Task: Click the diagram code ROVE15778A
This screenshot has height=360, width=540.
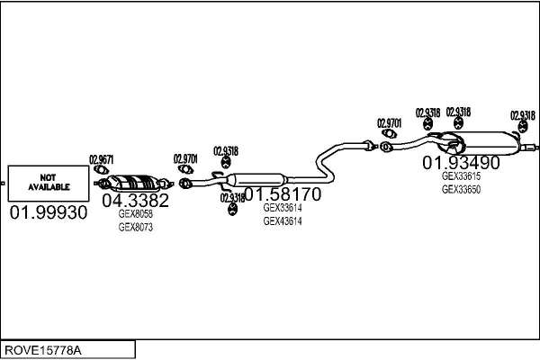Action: (x=43, y=350)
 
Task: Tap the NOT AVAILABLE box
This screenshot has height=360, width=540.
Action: (x=49, y=184)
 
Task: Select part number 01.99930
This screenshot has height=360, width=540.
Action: (x=49, y=212)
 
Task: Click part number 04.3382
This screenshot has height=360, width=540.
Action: (x=135, y=200)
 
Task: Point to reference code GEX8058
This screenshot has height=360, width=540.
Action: (x=135, y=214)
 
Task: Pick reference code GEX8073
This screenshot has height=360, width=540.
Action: (x=135, y=228)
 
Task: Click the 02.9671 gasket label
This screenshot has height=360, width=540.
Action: (x=101, y=159)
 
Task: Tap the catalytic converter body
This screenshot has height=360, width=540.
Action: (x=133, y=183)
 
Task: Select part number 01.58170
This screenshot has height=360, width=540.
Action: (x=283, y=194)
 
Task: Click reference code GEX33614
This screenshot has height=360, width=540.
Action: (x=283, y=208)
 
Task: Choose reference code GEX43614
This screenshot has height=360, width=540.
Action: (x=283, y=220)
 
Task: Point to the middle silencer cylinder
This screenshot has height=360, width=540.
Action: (x=256, y=180)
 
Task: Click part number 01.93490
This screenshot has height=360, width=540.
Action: (x=461, y=162)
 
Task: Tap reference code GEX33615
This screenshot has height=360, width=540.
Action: (x=461, y=176)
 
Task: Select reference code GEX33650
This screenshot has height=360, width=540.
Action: (x=461, y=189)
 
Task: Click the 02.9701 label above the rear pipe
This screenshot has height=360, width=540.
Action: (x=389, y=123)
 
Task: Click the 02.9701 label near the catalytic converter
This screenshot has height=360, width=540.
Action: (x=185, y=158)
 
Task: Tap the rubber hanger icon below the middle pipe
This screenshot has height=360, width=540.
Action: (x=233, y=209)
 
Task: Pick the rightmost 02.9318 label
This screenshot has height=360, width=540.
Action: (x=523, y=115)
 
